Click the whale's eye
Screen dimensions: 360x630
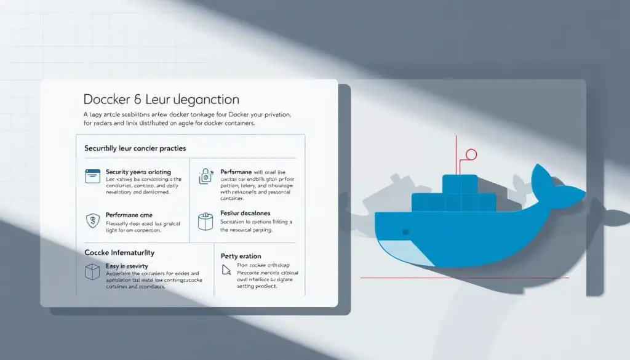point(405,232)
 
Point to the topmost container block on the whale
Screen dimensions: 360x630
point(460,183)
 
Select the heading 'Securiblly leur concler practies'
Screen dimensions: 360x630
point(135,149)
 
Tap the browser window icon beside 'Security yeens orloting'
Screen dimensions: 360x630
point(92,176)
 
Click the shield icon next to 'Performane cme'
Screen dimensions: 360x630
point(92,220)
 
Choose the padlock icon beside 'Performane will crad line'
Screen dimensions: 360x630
point(205,177)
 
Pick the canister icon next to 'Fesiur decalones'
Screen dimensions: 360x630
point(205,220)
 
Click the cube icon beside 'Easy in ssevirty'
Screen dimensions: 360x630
point(91,271)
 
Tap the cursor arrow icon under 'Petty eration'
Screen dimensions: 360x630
point(225,269)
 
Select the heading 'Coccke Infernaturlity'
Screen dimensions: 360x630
point(119,253)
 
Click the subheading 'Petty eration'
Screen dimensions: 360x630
point(241,256)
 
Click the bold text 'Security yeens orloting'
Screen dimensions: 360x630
point(138,172)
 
